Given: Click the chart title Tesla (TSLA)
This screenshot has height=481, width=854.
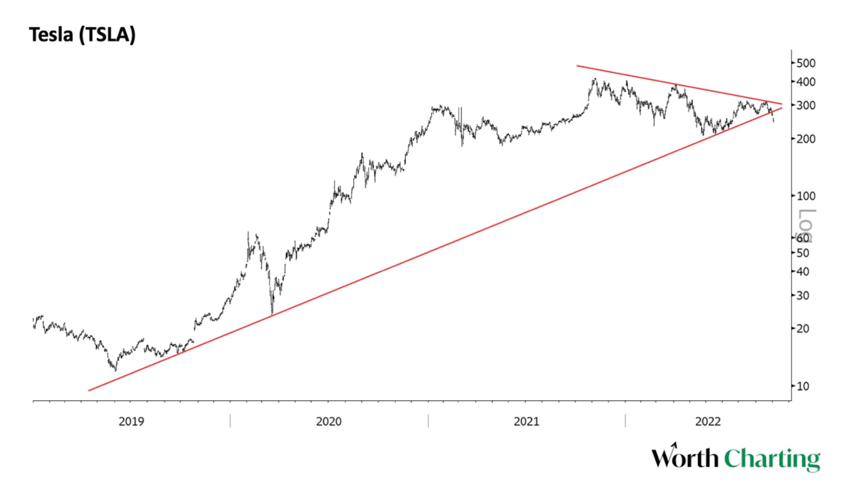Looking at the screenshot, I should pos(82,35).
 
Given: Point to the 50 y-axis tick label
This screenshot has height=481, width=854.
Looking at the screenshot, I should pos(803,253).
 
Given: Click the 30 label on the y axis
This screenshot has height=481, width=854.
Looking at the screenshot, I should pos(803,295).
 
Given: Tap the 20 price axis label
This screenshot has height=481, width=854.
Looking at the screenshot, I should pos(803,329).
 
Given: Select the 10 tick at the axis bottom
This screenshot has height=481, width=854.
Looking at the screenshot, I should pos(803,386).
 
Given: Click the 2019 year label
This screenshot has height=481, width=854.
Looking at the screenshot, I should pos(131,422).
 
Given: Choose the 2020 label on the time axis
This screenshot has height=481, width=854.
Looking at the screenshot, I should pos(329,422).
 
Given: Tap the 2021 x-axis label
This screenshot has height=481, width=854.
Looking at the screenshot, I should pos(526,422).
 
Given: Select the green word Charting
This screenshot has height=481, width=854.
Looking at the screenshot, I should pos(772,460).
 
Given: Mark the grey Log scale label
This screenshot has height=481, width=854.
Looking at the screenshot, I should pos(806,224).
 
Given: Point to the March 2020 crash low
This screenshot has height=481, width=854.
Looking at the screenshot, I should pos(272,314).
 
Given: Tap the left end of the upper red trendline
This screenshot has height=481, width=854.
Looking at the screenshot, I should pos(578,65).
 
